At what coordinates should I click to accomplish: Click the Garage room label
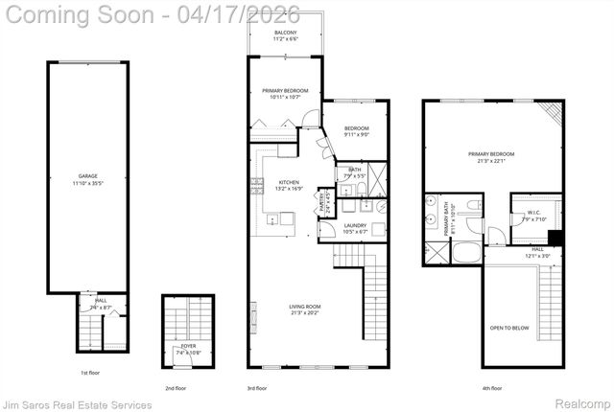(87, 178)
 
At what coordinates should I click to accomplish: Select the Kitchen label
(289, 185)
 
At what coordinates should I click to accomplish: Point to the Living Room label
(306, 309)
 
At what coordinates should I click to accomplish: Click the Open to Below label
(510, 328)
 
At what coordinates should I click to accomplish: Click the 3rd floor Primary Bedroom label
(285, 93)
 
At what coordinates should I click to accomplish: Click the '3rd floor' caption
(256, 388)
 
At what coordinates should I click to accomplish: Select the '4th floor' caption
(490, 388)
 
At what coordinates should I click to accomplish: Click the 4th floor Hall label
(537, 253)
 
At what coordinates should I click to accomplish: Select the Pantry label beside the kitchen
(324, 201)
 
